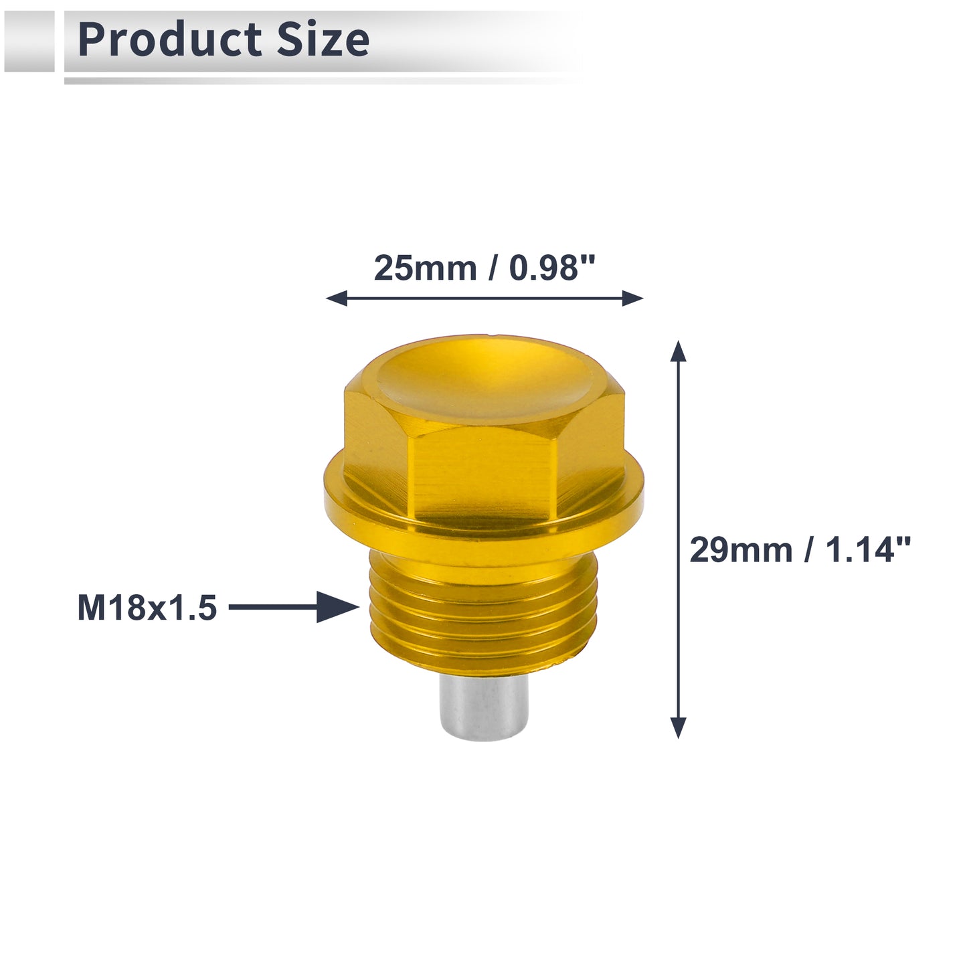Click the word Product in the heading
coord(169,39)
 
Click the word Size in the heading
coord(323,39)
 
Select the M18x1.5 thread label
coord(147,608)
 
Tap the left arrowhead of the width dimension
coord(337,298)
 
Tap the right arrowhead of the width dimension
coord(633,298)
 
